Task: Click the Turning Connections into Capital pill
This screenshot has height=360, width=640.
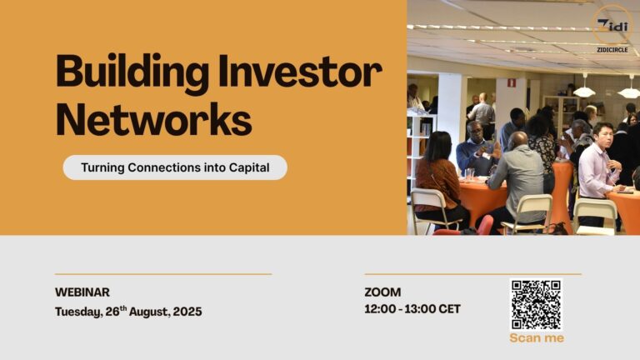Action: point(175,167)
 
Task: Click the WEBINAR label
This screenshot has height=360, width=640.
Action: point(82,292)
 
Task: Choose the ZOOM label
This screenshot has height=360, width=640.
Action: point(382,292)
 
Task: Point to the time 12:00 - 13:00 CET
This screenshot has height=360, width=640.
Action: point(412,309)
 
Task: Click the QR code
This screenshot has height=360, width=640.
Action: point(536,304)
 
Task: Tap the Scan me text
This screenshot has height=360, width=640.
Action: point(536,337)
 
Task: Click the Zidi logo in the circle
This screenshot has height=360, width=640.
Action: point(613,26)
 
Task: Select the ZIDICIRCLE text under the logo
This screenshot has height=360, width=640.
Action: point(613,49)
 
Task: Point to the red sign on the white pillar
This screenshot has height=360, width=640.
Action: point(512,82)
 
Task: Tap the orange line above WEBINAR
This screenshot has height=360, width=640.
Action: point(163,274)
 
